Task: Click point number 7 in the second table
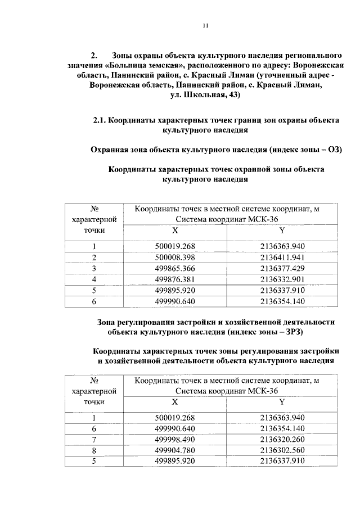pos(94,440)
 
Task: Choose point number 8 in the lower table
pos(94,450)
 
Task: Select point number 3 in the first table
pos(94,268)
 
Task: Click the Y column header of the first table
pos(282,231)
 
